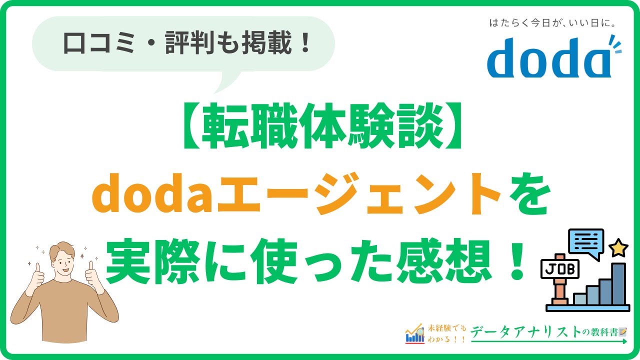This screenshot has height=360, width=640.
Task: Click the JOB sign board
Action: (x=560, y=269)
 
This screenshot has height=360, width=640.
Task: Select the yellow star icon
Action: (x=618, y=247)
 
